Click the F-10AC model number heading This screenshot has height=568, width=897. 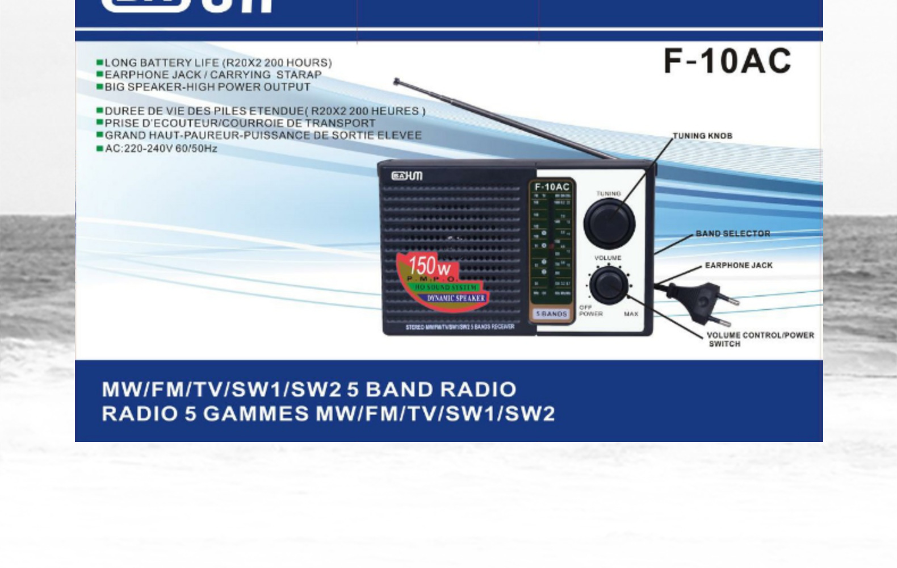[x=727, y=61]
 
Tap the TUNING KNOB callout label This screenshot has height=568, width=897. [x=702, y=136]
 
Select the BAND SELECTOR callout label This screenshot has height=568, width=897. [x=732, y=233]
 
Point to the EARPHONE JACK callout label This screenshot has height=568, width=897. [x=738, y=265]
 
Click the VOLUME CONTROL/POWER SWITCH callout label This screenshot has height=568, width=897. [x=760, y=339]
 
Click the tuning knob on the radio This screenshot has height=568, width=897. [x=609, y=223]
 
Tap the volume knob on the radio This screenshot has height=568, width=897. [x=609, y=285]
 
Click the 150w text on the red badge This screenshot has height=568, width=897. [x=429, y=265]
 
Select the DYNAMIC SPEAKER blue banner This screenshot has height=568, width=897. [x=456, y=298]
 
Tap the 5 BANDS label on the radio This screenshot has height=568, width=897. [x=551, y=314]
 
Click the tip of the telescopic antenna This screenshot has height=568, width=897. [x=396, y=81]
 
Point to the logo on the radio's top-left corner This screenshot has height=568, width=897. [x=406, y=176]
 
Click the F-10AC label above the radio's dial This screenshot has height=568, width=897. [x=552, y=187]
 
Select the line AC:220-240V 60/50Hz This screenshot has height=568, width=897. [x=161, y=149]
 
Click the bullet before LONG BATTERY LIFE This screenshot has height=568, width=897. [x=100, y=62]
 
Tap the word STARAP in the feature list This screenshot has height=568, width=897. [x=299, y=75]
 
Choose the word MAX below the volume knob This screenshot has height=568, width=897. [x=631, y=314]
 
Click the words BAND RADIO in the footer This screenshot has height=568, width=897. [x=441, y=390]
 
